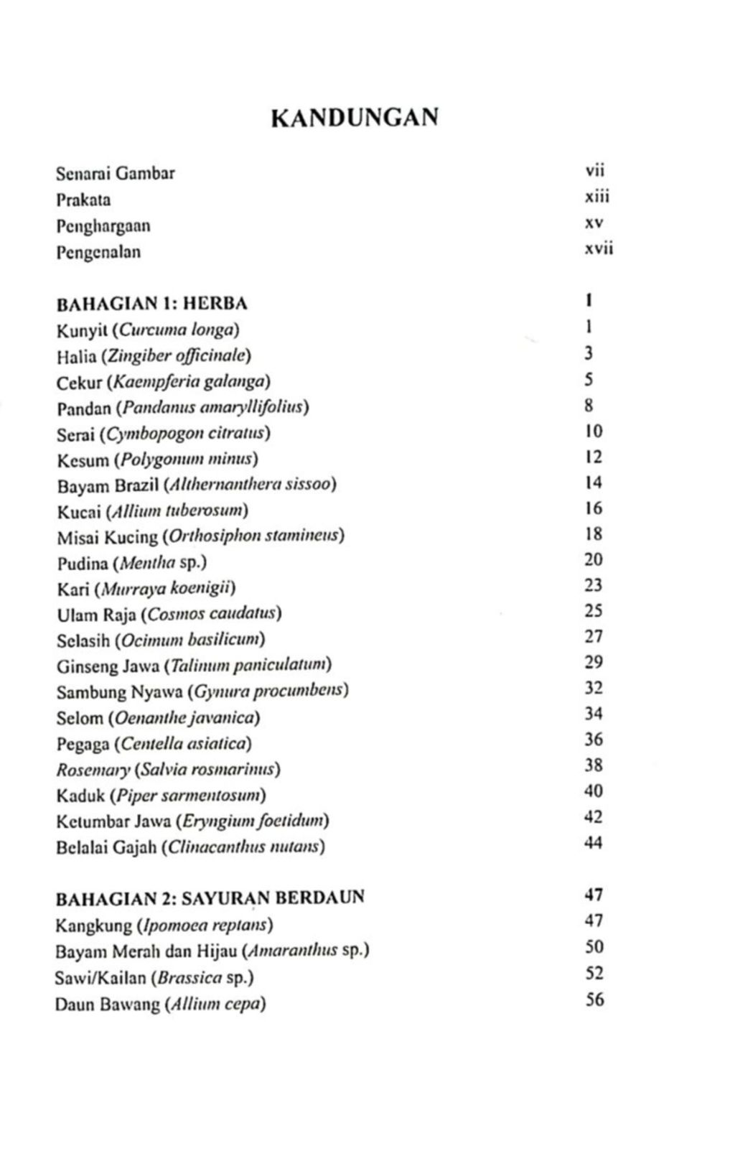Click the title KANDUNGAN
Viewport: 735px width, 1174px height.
pyautogui.click(x=355, y=117)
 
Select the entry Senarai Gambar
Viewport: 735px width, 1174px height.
pyautogui.click(x=116, y=173)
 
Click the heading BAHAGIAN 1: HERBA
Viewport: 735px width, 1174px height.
pyautogui.click(x=151, y=304)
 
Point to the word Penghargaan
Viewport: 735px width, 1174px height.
pyautogui.click(x=103, y=226)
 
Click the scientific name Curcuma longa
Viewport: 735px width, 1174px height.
pyautogui.click(x=177, y=330)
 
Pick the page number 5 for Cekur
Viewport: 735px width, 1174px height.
pyautogui.click(x=589, y=379)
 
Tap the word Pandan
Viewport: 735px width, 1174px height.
pyautogui.click(x=84, y=408)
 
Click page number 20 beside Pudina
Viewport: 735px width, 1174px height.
pyautogui.click(x=593, y=559)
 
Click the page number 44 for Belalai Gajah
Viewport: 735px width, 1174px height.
pyautogui.click(x=593, y=842)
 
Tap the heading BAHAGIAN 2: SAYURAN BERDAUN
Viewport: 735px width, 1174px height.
pyautogui.click(x=210, y=898)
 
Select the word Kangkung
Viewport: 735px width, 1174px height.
pyautogui.click(x=93, y=925)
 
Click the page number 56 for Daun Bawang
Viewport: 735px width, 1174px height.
pyautogui.click(x=594, y=999)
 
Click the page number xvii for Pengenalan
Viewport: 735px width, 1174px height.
pyautogui.click(x=599, y=249)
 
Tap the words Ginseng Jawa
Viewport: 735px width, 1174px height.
pyautogui.click(x=108, y=666)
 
